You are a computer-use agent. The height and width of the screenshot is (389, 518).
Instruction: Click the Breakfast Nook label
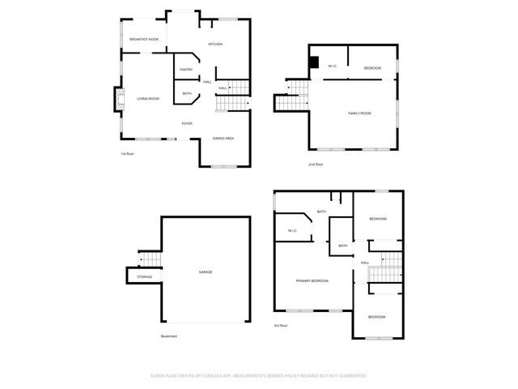144,39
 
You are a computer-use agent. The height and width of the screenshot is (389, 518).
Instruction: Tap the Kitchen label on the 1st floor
215,44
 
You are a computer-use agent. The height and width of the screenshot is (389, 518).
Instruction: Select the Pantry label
186,71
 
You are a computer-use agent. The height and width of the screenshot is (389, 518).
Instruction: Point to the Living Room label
148,99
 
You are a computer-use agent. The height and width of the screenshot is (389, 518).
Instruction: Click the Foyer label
187,123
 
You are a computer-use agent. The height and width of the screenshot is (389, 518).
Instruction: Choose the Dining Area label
223,139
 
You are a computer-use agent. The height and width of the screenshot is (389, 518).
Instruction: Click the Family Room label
359,113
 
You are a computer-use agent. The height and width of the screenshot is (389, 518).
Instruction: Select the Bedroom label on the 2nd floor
372,68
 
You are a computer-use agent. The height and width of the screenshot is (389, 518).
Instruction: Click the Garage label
206,271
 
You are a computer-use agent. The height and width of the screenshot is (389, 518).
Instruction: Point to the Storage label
144,277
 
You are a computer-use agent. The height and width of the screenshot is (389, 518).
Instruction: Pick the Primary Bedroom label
312,280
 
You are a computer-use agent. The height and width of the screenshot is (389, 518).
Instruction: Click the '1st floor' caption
126,153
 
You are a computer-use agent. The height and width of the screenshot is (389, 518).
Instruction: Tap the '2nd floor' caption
315,165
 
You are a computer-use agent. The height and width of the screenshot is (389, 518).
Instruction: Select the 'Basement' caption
168,336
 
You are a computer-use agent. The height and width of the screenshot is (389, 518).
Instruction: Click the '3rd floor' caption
281,326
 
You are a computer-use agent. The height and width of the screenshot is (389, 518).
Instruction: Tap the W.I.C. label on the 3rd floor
292,231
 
